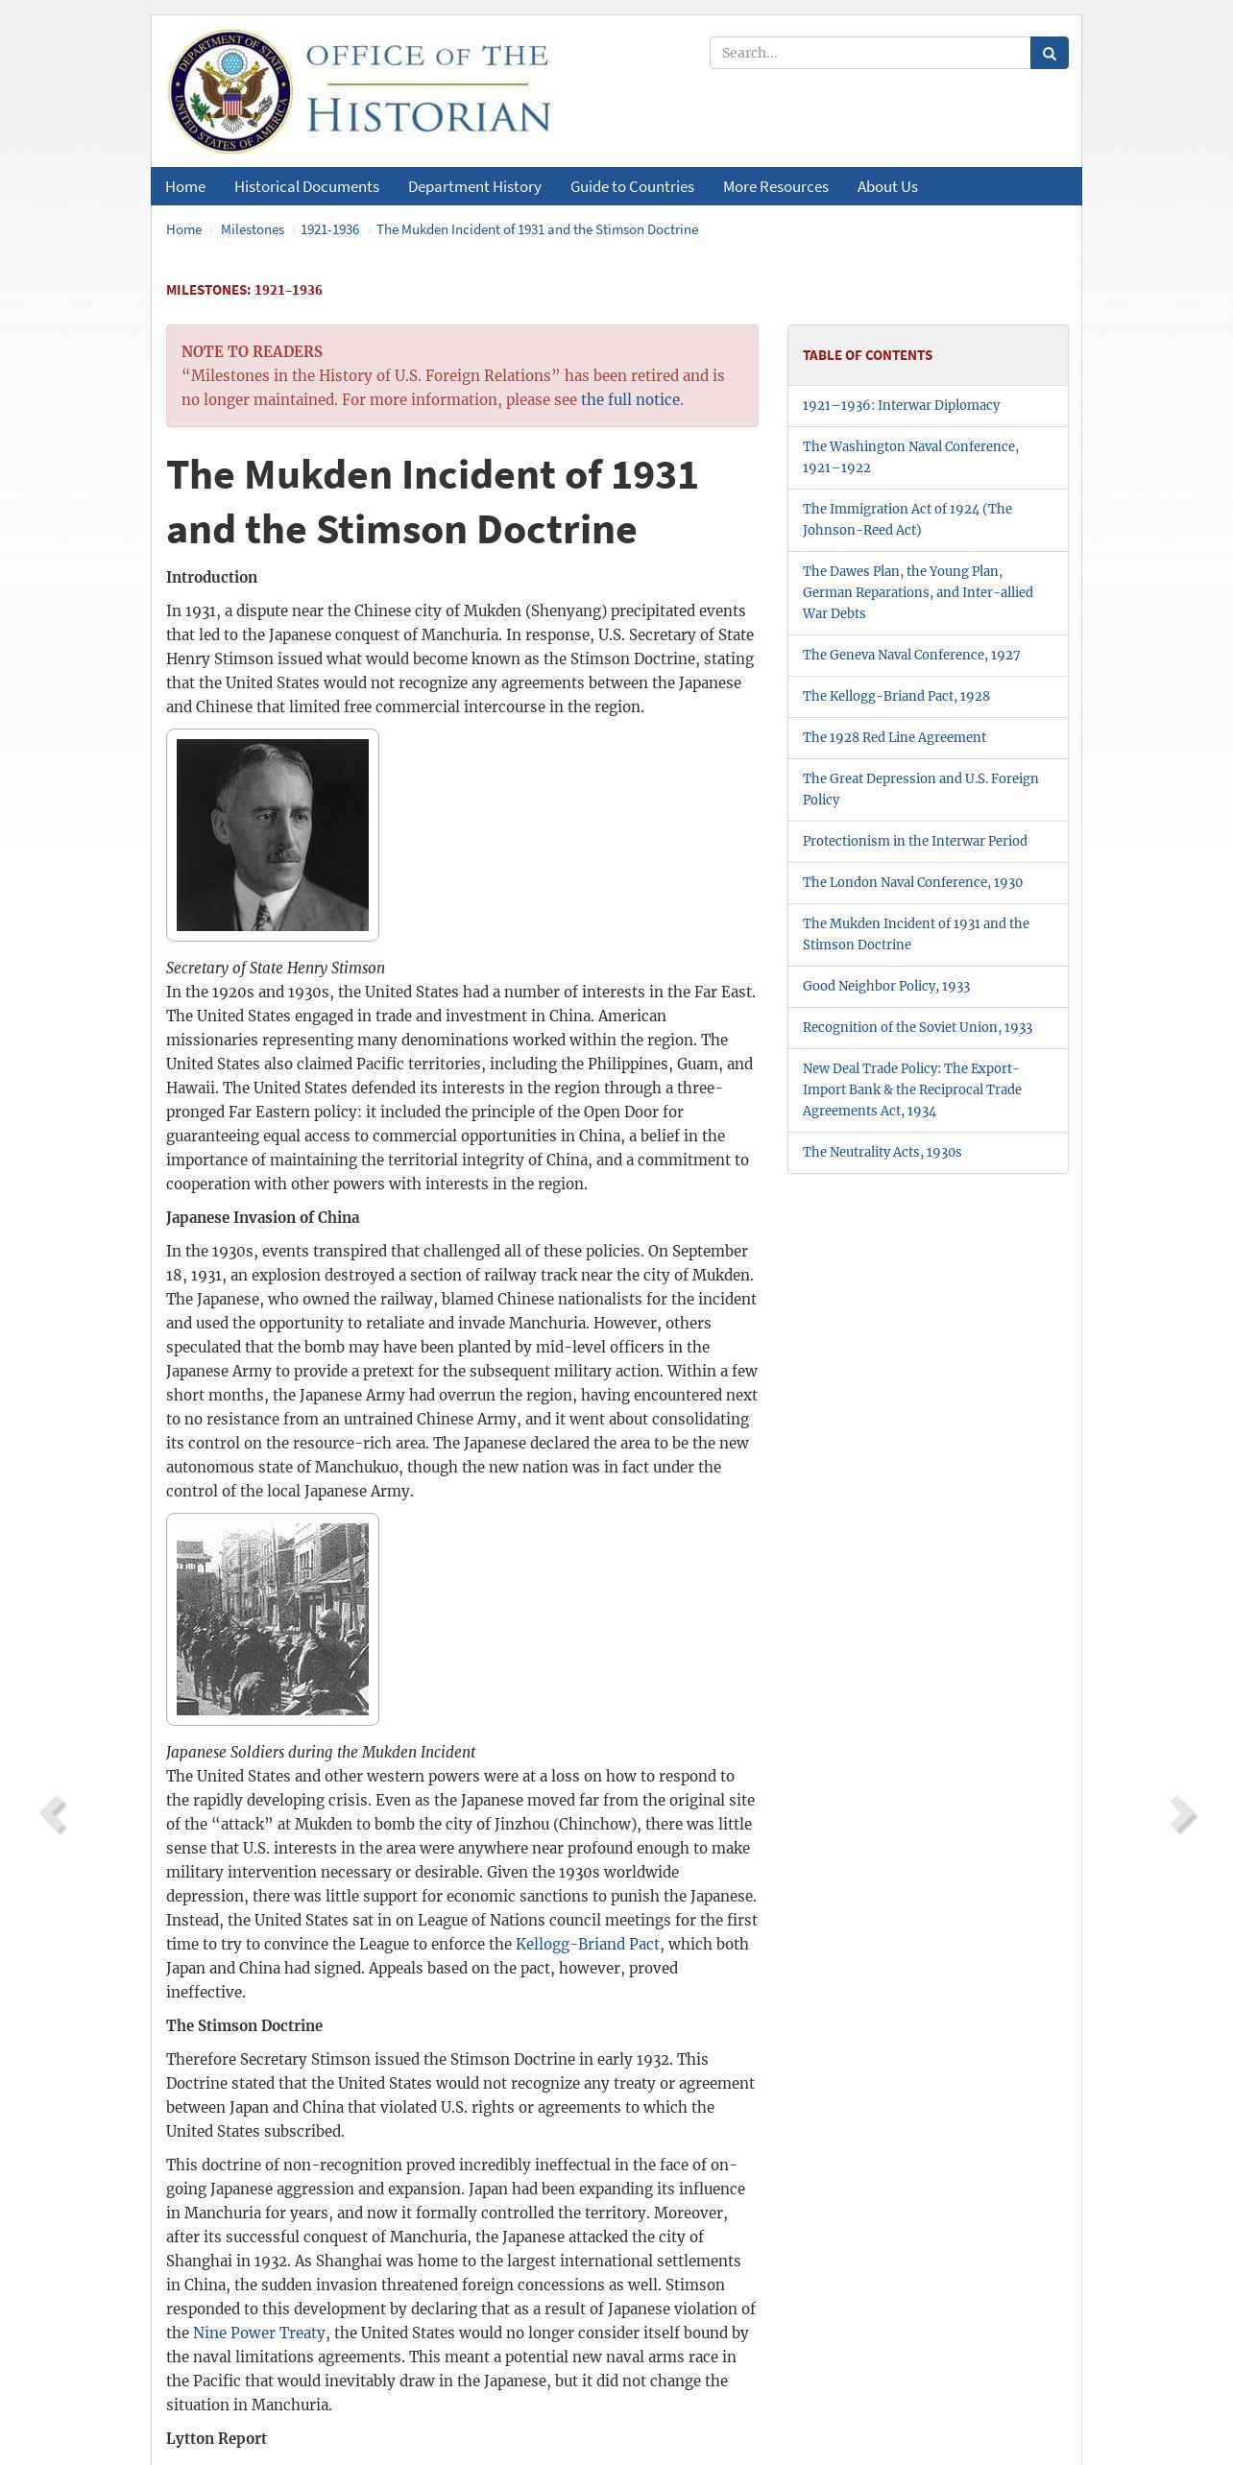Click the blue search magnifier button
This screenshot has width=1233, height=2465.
(1049, 53)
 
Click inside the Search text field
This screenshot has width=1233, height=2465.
(869, 53)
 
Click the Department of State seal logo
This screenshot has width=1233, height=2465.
(230, 92)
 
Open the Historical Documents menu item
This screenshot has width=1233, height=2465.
(306, 186)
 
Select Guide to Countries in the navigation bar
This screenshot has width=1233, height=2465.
(632, 186)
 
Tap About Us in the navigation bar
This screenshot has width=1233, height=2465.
(887, 186)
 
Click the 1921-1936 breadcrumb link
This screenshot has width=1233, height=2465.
(329, 229)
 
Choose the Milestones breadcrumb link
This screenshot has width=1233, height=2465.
(253, 229)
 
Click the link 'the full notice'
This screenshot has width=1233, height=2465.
(630, 399)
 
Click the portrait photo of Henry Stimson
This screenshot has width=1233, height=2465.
(273, 834)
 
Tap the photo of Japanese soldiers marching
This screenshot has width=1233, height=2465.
(273, 1618)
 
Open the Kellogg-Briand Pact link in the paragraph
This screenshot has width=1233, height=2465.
(588, 1944)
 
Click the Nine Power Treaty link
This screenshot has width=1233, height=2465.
(259, 2333)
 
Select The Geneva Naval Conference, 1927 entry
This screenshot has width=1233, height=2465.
(911, 655)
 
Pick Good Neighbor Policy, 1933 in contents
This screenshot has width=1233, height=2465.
(886, 986)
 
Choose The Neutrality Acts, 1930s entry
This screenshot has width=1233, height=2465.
(882, 1152)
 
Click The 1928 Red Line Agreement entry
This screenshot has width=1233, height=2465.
(894, 737)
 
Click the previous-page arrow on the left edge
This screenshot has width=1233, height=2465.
(53, 1815)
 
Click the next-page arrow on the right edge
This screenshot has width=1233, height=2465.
(1183, 1815)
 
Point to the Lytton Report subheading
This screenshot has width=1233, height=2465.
(216, 2438)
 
